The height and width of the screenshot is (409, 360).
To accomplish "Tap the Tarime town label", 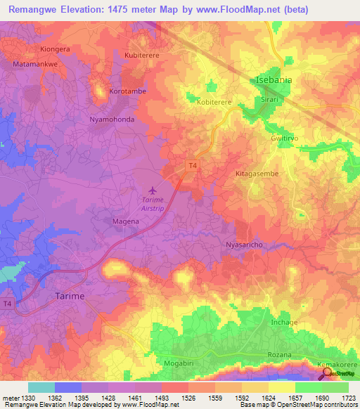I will click(x=70, y=297).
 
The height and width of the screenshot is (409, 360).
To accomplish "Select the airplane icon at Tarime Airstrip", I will click(x=153, y=190).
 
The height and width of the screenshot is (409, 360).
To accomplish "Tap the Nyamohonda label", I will click(x=112, y=119).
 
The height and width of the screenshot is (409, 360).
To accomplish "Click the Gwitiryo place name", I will click(x=285, y=139).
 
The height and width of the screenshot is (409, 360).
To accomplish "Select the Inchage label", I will click(x=284, y=323).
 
